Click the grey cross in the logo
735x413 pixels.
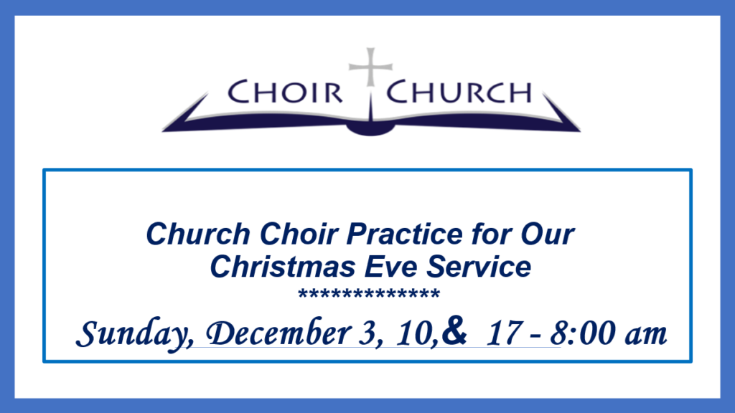point(370,67)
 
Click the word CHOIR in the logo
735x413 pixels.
point(285,92)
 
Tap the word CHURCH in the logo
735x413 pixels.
point(459,92)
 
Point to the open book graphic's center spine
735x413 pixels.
point(370,115)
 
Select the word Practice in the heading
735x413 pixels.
point(404,234)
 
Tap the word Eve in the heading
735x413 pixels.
point(390,267)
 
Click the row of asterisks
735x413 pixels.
point(369,294)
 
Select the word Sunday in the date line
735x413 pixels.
point(132,334)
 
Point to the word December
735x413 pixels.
point(278,333)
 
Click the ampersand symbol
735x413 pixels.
point(454,331)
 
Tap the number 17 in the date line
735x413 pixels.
point(503,333)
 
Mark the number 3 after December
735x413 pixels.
point(365,334)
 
